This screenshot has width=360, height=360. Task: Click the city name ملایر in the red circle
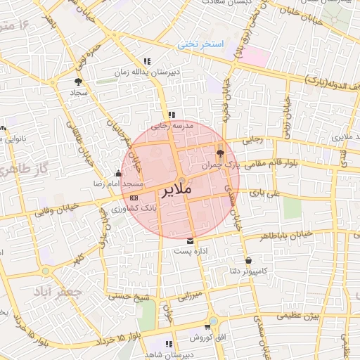176,191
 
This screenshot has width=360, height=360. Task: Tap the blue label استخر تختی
200,44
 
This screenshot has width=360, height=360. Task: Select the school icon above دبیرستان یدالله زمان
147,61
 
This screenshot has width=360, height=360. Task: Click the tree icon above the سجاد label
77,82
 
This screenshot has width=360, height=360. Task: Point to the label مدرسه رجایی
172,126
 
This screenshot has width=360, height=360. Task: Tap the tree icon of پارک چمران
220,153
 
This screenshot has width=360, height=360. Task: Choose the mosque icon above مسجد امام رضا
117,173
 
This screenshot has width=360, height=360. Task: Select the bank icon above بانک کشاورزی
134,198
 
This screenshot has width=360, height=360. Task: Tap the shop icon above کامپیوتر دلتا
248,261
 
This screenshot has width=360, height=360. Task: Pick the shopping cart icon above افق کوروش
207,327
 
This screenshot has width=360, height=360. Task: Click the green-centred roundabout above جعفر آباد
46,270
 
